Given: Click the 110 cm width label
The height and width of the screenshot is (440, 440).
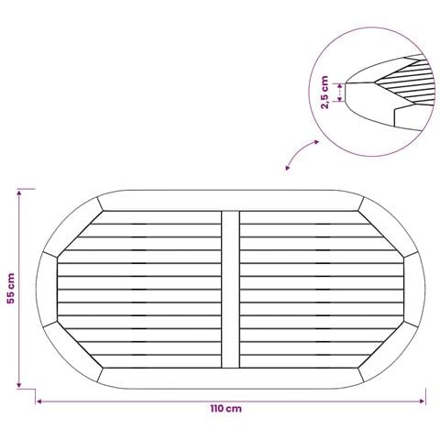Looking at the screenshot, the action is point(225,409).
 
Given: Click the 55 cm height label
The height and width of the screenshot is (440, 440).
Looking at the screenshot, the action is point(11,288).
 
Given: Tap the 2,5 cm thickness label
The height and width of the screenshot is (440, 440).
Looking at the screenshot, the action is point(324,93).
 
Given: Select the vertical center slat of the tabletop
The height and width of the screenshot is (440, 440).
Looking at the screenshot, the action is point(230,290).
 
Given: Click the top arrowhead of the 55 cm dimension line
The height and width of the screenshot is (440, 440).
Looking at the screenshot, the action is point(19,192).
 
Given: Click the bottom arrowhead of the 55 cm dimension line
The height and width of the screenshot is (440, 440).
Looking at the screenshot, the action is point(19,386).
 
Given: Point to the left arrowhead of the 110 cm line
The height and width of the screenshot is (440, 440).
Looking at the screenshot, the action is point(38,401).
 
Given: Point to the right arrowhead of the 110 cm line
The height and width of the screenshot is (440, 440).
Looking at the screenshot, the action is point(423,401).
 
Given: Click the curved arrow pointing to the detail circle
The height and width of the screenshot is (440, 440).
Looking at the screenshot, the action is point(301,152).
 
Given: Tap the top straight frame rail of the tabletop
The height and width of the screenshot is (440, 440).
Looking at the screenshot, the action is point(230,201).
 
